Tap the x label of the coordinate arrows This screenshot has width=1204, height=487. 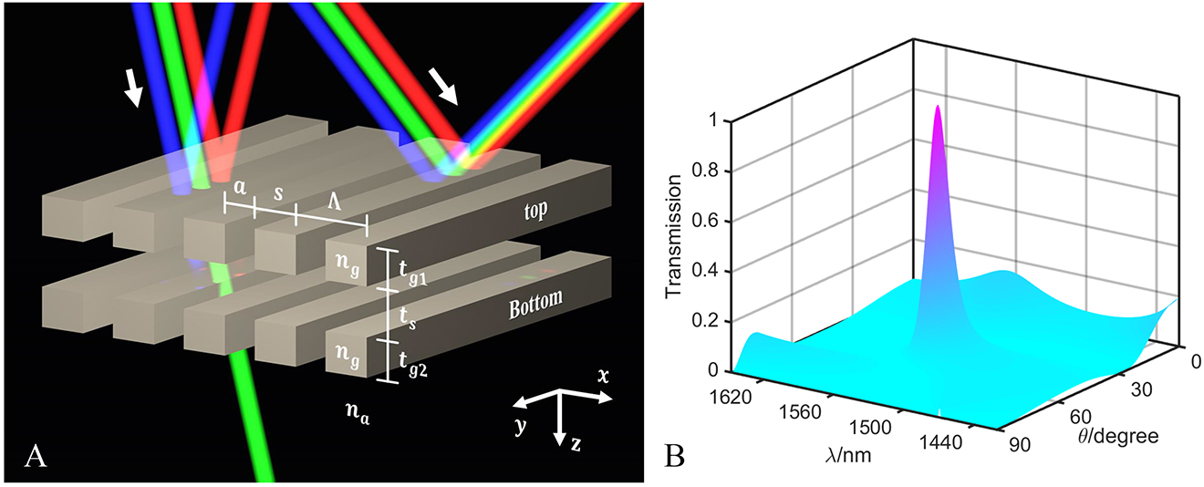[x=604, y=376]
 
